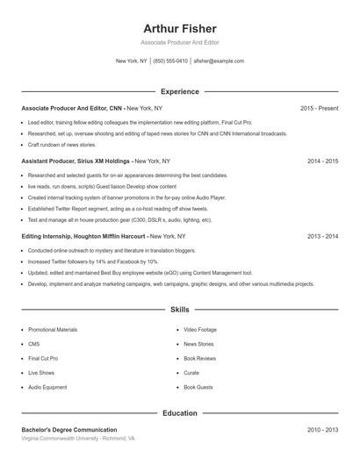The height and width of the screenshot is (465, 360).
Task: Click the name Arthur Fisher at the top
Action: click(179, 28)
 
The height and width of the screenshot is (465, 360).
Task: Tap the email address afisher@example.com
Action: click(219, 61)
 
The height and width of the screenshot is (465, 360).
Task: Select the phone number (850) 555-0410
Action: click(170, 61)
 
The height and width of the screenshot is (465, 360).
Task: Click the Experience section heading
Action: click(179, 91)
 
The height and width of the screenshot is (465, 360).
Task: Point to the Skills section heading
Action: click(179, 310)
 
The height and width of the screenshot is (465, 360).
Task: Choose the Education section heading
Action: click(179, 412)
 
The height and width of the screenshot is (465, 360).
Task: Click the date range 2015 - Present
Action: click(319, 108)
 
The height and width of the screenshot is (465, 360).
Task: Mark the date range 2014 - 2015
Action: click(322, 161)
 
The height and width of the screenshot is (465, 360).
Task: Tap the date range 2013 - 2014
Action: click(322, 237)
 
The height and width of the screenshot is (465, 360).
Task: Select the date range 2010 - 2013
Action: click(322, 430)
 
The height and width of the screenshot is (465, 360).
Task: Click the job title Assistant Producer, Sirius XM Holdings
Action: click(76, 161)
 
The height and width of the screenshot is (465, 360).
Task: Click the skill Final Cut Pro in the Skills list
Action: click(43, 358)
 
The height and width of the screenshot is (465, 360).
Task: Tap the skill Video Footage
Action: click(200, 329)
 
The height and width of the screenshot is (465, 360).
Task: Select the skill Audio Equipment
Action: click(47, 387)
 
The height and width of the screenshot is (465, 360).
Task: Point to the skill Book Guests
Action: click(198, 387)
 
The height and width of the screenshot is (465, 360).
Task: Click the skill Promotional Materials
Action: click(53, 329)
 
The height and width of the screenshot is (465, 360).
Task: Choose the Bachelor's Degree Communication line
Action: click(69, 430)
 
